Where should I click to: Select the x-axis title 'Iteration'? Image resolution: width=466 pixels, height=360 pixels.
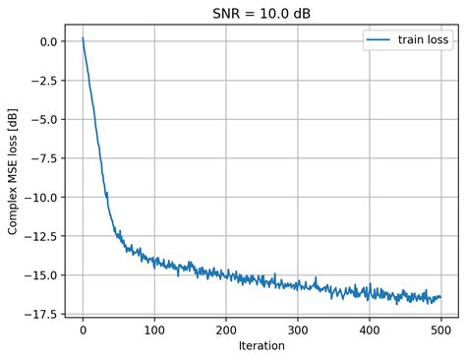261,346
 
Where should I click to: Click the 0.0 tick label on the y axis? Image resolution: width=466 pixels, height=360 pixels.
47,41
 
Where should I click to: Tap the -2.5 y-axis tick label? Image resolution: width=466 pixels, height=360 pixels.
44,81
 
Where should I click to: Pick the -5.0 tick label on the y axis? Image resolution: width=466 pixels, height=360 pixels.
44,119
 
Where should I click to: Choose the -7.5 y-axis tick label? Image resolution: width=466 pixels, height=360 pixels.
44,158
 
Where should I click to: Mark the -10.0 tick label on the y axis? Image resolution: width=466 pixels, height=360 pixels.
41,197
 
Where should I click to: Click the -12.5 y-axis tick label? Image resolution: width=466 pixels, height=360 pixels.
41,236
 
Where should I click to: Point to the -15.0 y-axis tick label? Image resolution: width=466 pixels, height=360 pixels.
41,274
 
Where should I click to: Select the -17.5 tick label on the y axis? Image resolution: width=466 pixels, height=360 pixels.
41,314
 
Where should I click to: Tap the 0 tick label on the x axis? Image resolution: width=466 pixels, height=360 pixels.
83,330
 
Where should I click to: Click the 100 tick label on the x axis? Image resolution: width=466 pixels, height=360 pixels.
154,330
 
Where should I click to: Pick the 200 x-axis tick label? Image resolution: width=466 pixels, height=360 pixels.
225,330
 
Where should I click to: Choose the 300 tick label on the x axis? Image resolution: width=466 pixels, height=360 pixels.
297,330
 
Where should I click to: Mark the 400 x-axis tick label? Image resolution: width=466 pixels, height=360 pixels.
369,330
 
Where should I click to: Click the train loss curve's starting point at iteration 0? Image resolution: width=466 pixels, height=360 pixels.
83,38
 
